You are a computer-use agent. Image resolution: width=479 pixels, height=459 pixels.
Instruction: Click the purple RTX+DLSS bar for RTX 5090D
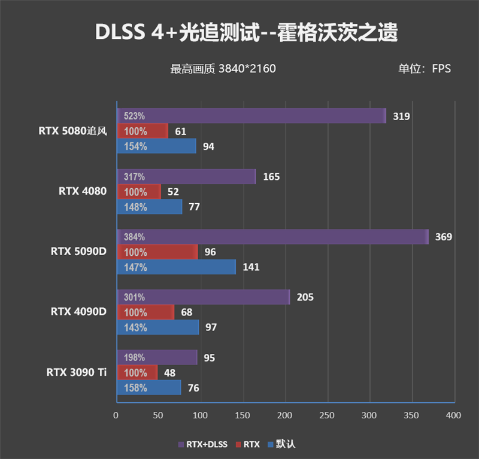(272, 237)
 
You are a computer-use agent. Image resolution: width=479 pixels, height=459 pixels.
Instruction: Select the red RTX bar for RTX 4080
(138, 192)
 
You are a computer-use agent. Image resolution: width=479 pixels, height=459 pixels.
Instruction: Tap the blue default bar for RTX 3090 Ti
(148, 388)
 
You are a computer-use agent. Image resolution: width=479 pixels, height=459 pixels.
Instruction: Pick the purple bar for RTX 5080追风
(251, 116)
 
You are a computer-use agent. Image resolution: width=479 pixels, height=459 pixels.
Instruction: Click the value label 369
(443, 237)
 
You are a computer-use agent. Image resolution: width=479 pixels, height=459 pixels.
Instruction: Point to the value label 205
(305, 297)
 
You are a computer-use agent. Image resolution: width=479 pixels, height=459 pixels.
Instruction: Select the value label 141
(251, 267)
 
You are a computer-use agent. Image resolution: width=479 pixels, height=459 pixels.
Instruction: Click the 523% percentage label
(134, 116)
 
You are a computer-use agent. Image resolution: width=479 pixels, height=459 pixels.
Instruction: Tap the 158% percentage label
(135, 388)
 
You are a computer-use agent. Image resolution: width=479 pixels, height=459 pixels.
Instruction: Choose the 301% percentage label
(134, 297)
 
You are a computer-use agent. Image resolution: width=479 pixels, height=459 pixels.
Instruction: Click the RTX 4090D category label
(78, 311)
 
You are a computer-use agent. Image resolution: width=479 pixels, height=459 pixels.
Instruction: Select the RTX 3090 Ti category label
(77, 372)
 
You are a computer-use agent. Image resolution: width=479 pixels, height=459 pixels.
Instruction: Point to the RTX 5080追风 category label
(72, 131)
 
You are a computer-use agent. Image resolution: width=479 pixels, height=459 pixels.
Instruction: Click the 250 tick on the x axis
(327, 415)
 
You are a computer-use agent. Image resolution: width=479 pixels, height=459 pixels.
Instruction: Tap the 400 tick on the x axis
(454, 415)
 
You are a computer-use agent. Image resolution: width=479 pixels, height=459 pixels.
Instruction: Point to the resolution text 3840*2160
(247, 69)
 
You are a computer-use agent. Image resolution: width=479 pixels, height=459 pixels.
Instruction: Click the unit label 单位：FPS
(425, 69)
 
